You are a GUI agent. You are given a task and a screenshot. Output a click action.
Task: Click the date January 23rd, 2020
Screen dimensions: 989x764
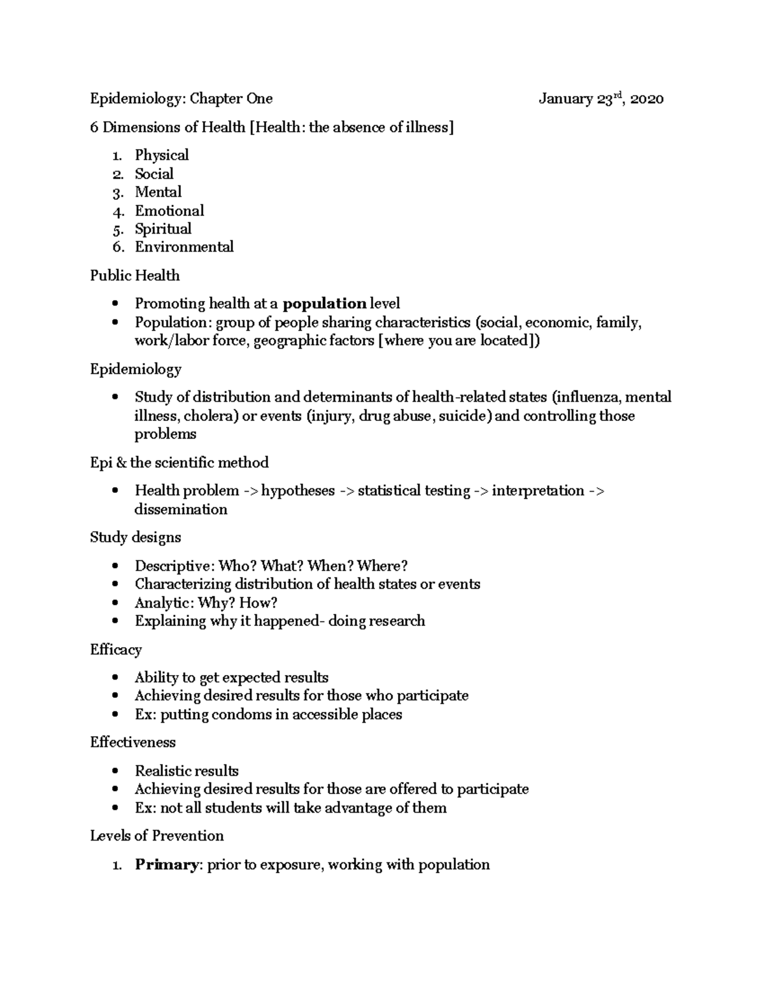pos(600,99)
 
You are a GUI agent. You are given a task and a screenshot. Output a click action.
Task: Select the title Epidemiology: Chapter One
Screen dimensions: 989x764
pos(181,99)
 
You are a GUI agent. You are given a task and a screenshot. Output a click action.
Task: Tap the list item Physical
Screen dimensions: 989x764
pos(162,155)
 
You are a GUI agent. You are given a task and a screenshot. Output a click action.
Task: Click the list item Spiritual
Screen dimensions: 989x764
pos(163,229)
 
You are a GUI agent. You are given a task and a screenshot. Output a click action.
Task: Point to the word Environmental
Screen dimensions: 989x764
pos(184,247)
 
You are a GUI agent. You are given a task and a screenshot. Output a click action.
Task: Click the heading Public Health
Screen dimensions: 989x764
pos(134,276)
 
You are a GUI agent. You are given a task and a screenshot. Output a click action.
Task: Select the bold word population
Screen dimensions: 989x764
pos(324,304)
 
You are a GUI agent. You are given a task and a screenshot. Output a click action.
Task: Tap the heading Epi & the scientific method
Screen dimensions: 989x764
pos(179,462)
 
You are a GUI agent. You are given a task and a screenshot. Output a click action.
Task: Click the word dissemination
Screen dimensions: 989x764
pos(181,509)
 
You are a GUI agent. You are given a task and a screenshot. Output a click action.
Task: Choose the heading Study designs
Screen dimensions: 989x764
pos(135,537)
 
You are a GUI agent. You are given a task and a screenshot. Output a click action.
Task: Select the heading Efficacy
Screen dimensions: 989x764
pos(115,650)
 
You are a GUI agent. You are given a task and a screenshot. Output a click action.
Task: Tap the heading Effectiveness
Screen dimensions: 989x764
pos(132,743)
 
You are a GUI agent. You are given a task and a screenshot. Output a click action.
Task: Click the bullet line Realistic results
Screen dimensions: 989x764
pos(187,771)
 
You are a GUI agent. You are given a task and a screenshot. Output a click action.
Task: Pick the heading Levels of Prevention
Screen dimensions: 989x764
pos(157,836)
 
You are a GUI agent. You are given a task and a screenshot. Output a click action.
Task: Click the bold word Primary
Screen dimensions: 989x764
pos(166,865)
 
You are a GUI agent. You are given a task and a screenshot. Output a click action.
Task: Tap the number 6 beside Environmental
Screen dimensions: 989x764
pos(117,248)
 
